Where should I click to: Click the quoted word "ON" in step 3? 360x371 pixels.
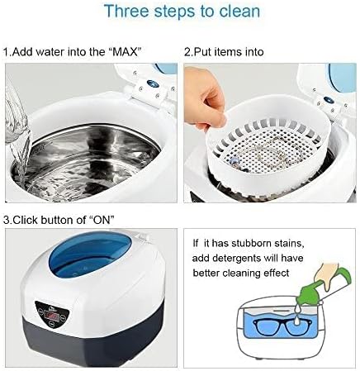pos(100,220)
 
